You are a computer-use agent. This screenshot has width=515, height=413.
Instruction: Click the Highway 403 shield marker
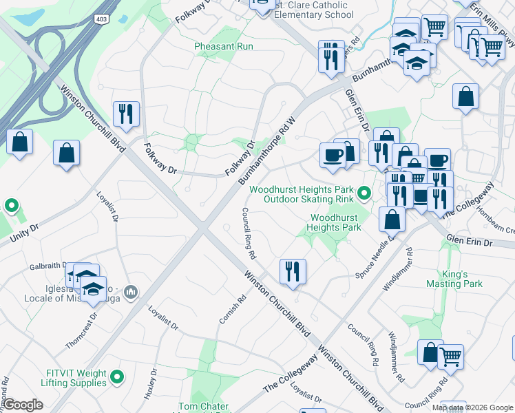[102, 19]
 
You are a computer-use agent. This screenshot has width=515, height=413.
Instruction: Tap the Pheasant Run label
[224, 46]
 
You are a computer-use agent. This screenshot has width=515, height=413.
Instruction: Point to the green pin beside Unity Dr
[11, 206]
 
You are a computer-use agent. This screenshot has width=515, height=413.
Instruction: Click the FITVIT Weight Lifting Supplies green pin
[117, 377]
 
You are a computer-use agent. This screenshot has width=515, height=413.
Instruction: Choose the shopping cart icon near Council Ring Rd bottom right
[450, 356]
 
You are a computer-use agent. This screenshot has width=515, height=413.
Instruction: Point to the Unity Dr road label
[24, 232]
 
